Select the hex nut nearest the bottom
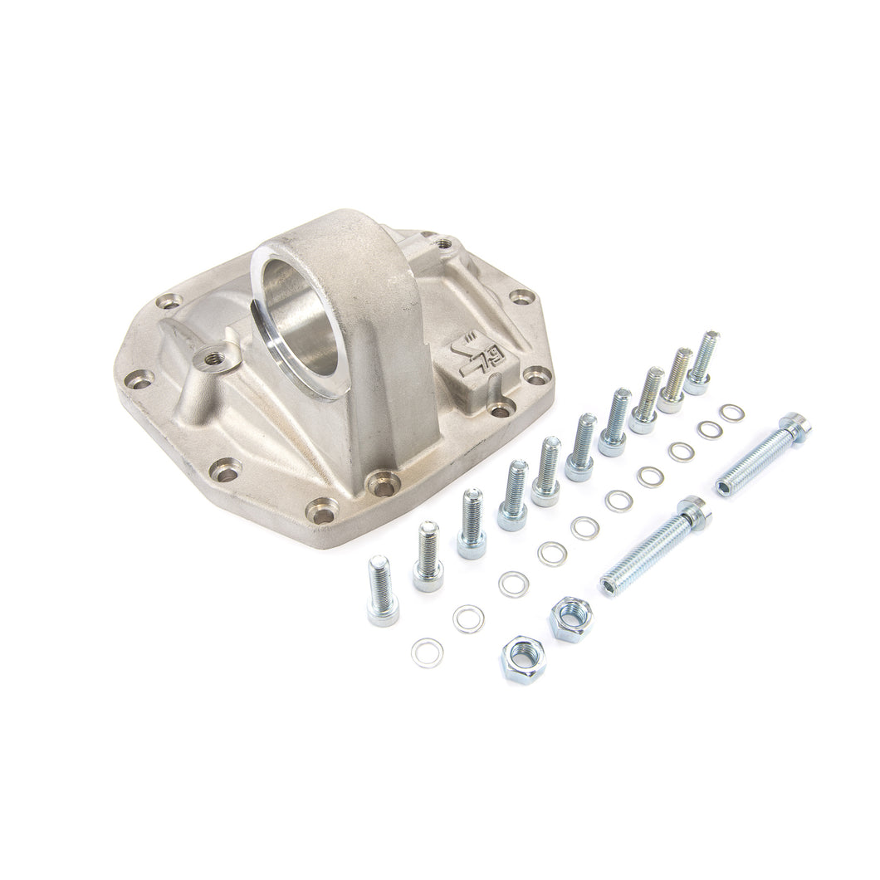pyautogui.click(x=521, y=658)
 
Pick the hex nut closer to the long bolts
pyautogui.click(x=571, y=618)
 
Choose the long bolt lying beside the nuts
pyautogui.click(x=654, y=545)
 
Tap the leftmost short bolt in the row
pyautogui.click(x=382, y=590)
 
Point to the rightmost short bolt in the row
pyautogui.click(x=701, y=362)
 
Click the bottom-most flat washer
pyautogui.click(x=427, y=653)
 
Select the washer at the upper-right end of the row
pyautogui.click(x=731, y=413)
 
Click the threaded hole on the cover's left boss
pyautogui.click(x=213, y=359)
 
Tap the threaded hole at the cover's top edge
pyautogui.click(x=444, y=244)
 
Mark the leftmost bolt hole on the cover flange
pyautogui.click(x=139, y=380)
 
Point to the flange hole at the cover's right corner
pyautogui.click(x=537, y=374)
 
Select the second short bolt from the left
pyautogui.click(x=428, y=556)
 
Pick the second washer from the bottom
pyautogui.click(x=469, y=618)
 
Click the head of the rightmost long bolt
pyautogui.click(x=794, y=426)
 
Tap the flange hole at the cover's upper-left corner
pyautogui.click(x=169, y=301)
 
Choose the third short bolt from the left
pyautogui.click(x=472, y=523)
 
